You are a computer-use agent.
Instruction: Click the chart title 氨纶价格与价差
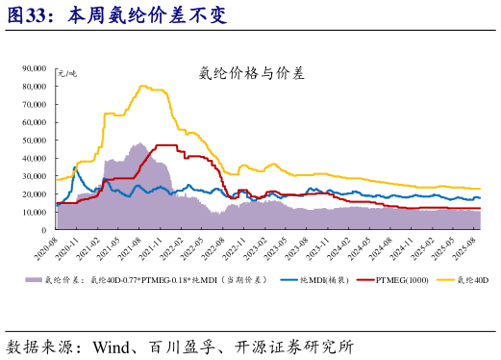click(251, 72)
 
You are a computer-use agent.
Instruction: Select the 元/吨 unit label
click(67, 73)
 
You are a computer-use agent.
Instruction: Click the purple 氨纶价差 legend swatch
click(32, 281)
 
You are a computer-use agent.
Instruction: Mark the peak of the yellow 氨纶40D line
click(144, 86)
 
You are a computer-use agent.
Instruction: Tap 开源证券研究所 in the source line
click(297, 345)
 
